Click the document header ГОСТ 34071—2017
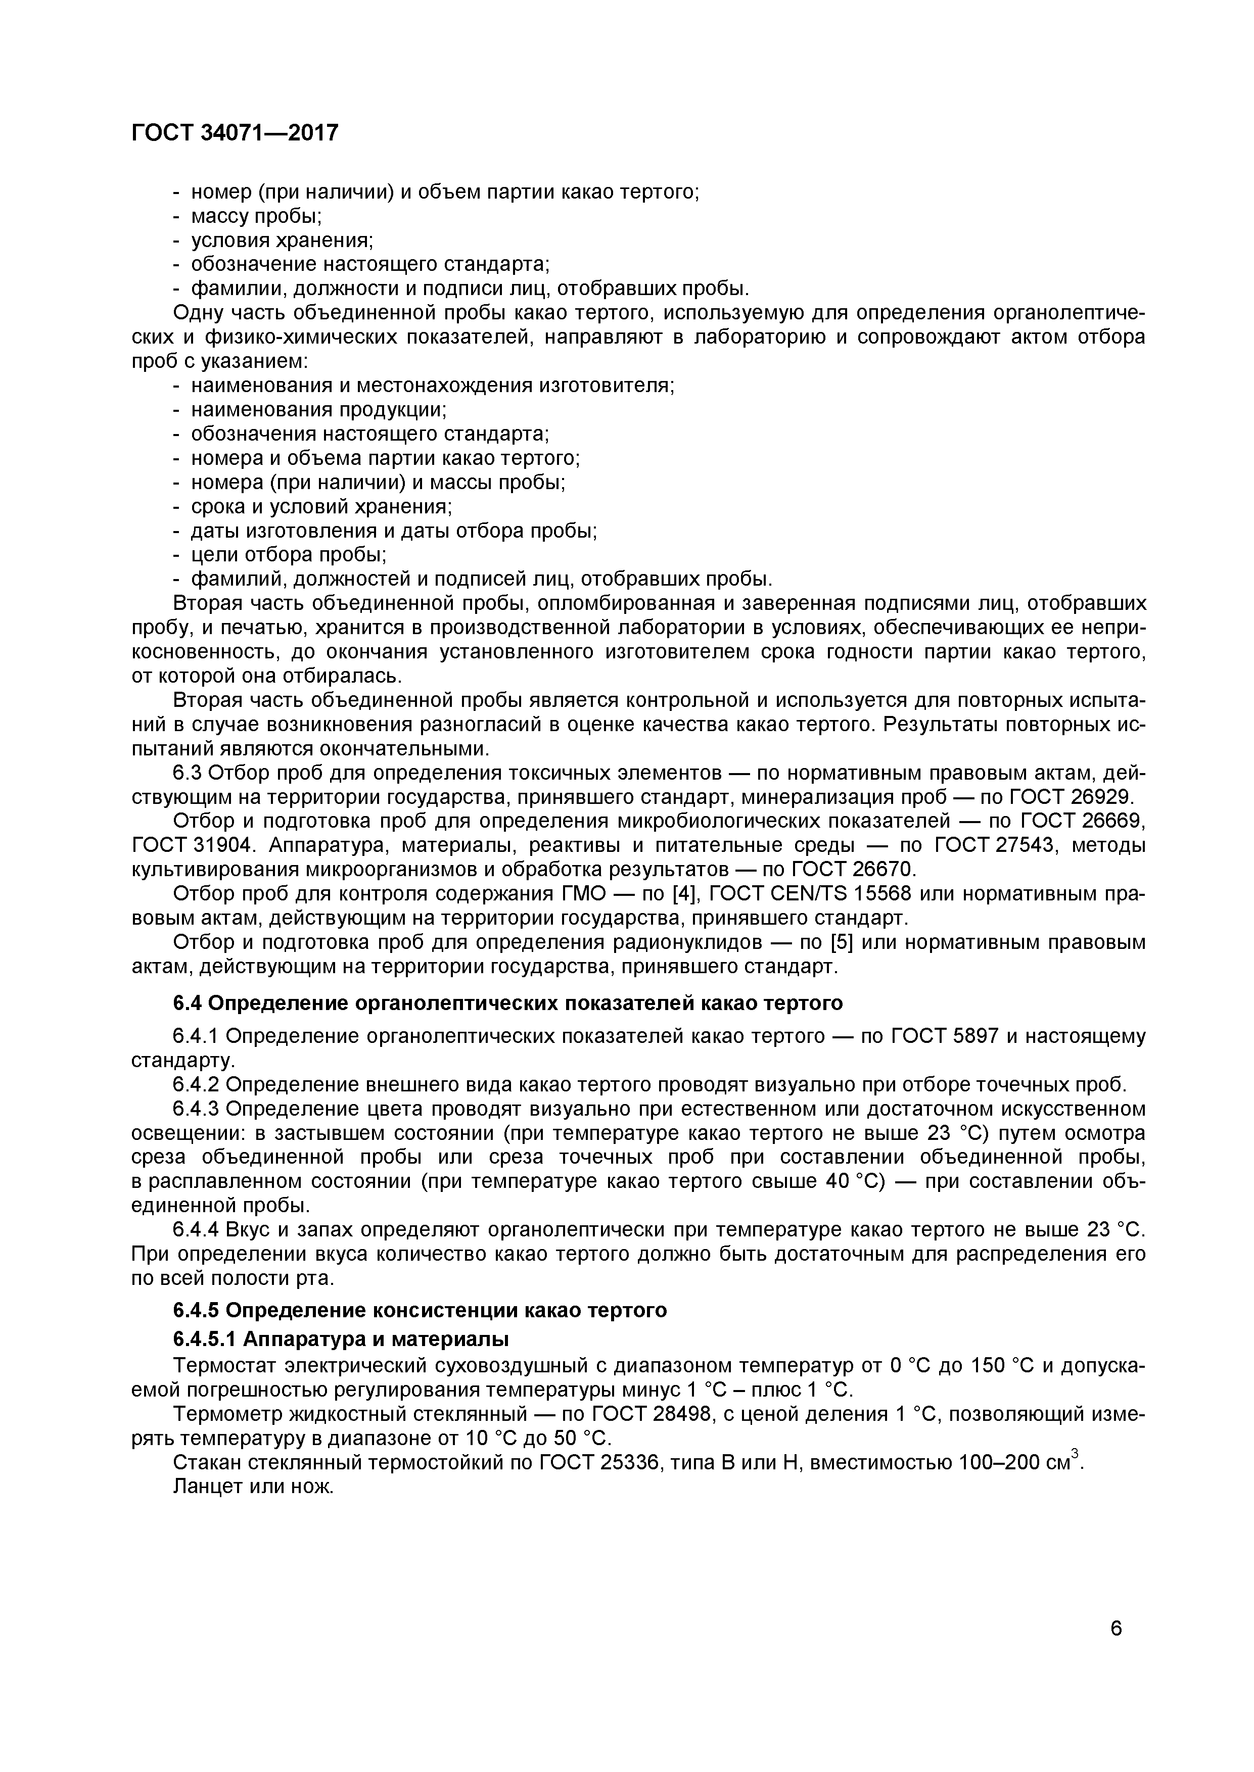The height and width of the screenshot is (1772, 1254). click(x=235, y=133)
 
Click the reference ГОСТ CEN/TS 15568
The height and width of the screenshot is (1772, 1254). click(x=810, y=894)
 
